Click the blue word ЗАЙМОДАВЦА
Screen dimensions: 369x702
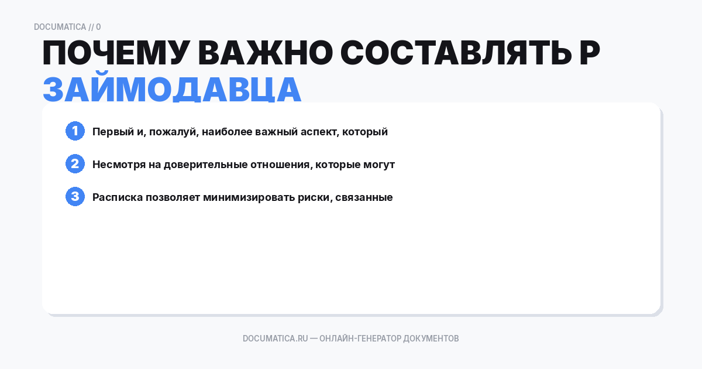(x=172, y=90)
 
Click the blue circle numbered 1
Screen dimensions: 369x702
(x=75, y=131)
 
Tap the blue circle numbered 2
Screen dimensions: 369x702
(x=75, y=164)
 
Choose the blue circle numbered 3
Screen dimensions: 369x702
(x=75, y=197)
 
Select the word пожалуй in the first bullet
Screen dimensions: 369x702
(x=171, y=132)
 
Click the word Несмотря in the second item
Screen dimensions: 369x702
(x=119, y=165)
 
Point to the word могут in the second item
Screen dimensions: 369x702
(x=379, y=165)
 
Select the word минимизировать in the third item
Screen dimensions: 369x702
(x=242, y=197)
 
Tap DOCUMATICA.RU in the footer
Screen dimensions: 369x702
(x=275, y=339)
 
